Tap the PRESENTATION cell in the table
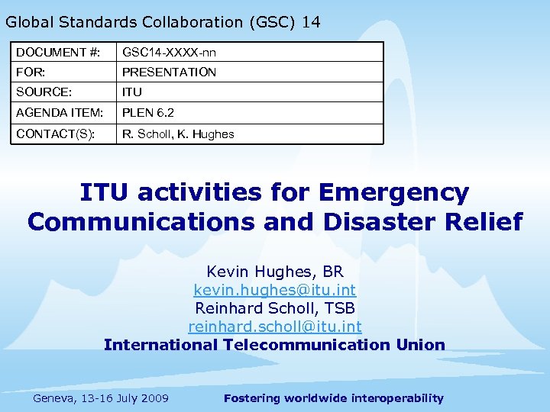coord(169,72)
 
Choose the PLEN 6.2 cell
coord(148,113)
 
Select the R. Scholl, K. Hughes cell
coord(178,134)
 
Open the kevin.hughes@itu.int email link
coord(275,290)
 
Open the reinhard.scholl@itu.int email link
coord(275,327)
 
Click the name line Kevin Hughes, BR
coord(275,272)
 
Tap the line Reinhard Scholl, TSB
coord(275,308)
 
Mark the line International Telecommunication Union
coord(275,345)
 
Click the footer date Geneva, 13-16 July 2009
coord(102,398)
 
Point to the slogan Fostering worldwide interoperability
coord(333,398)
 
